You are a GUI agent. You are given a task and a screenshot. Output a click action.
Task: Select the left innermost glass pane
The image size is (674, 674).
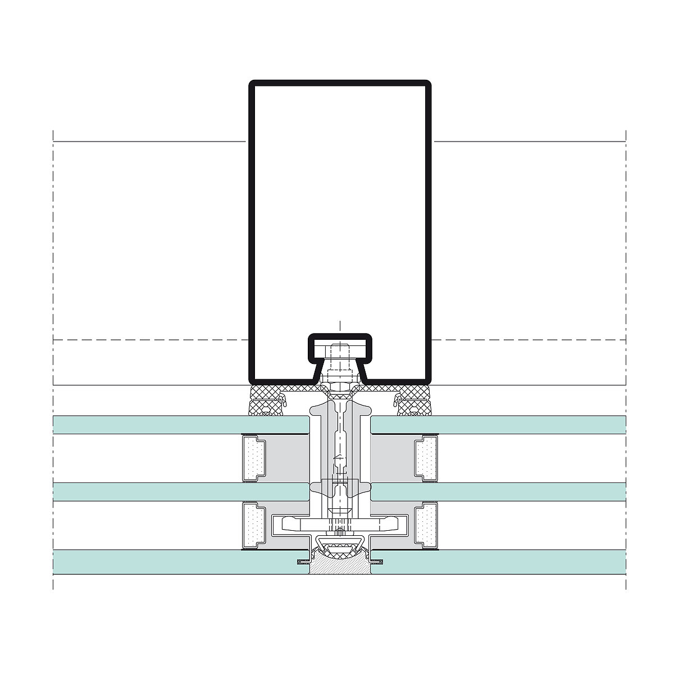tap(180, 425)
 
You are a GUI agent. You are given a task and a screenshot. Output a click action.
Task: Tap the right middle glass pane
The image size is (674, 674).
tap(500, 491)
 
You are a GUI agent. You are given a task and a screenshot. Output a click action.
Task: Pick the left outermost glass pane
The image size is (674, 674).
tap(180, 562)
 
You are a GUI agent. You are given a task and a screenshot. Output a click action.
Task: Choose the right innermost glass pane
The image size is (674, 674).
tap(500, 425)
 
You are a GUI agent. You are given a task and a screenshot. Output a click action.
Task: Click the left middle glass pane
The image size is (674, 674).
tap(180, 491)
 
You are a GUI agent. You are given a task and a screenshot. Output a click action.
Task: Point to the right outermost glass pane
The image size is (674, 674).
tap(500, 562)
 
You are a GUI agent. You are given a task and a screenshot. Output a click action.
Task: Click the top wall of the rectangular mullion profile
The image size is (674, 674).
tap(340, 83)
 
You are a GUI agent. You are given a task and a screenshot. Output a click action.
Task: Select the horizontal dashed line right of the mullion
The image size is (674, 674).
tap(528, 340)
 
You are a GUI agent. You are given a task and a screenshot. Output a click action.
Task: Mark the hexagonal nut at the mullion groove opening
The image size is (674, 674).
tap(340, 386)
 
